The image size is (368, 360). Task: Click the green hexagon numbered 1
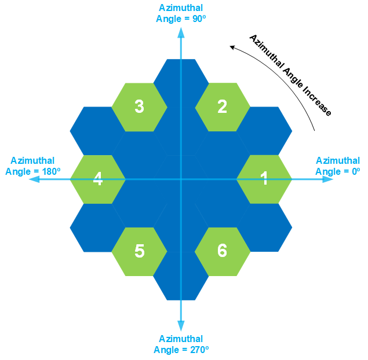[264, 179]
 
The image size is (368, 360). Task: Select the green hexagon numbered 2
[223, 107]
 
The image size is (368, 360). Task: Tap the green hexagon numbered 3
[139, 107]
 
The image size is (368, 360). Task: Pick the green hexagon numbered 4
[97, 179]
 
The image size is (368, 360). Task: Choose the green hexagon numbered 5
[139, 251]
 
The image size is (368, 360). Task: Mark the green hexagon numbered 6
[223, 251]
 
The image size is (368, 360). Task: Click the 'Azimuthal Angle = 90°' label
[181, 13]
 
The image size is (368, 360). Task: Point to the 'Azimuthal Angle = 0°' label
[338, 166]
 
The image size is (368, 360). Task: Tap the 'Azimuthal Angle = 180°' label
[33, 166]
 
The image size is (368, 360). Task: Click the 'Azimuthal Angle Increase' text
[290, 75]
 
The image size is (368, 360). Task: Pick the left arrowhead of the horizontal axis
[34, 179]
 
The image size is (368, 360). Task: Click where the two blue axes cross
[181, 179]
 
